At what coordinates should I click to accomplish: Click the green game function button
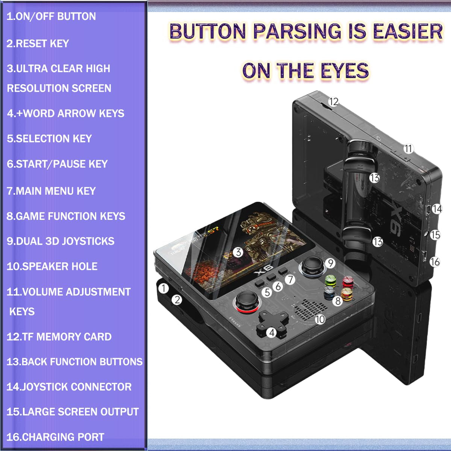tap(331, 281)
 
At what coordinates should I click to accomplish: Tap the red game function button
tap(348, 282)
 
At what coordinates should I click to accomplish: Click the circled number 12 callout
tap(333, 102)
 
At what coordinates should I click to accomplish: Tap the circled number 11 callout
tap(409, 148)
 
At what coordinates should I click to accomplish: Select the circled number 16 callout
tap(435, 262)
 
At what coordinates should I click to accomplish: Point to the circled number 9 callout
tap(330, 263)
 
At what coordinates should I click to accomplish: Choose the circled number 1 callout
tap(163, 288)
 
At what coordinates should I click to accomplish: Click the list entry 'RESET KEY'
tap(38, 44)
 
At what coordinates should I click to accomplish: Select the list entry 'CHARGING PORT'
tap(56, 437)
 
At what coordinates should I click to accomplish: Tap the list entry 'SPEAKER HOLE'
tap(52, 266)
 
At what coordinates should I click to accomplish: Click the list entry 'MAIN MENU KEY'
tap(51, 191)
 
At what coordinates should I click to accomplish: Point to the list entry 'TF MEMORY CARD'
tap(59, 336)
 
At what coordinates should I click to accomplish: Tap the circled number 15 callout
tap(435, 235)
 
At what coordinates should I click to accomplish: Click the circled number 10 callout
tap(320, 319)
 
